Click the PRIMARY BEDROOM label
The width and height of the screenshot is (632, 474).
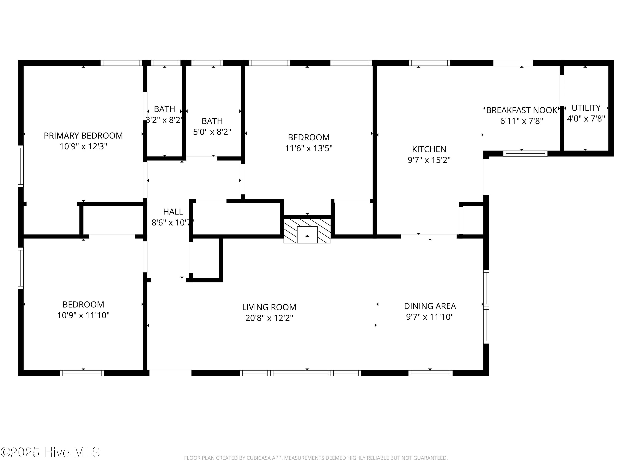coord(83,135)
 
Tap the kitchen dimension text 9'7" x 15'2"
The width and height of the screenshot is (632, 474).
coord(429,160)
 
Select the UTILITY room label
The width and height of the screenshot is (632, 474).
coord(586,108)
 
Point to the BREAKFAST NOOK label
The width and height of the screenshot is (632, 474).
coord(521,110)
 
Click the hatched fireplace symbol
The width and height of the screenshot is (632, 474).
coord(307,231)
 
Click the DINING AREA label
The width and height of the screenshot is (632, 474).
coord(430,306)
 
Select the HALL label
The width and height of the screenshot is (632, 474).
coord(173,212)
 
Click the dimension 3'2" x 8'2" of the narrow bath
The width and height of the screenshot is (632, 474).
coord(164,120)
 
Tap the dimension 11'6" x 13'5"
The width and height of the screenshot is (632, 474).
coord(309,148)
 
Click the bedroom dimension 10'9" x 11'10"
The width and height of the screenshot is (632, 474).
coord(83,315)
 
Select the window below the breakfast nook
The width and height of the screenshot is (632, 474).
coord(525,153)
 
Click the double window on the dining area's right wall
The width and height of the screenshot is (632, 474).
coord(486,307)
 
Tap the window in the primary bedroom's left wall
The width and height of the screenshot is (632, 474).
coord(21,166)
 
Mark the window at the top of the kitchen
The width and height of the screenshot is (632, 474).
coord(429,63)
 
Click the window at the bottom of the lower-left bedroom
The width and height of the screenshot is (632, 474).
coord(82,373)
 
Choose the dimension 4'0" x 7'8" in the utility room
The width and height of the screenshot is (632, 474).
coord(586,119)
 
